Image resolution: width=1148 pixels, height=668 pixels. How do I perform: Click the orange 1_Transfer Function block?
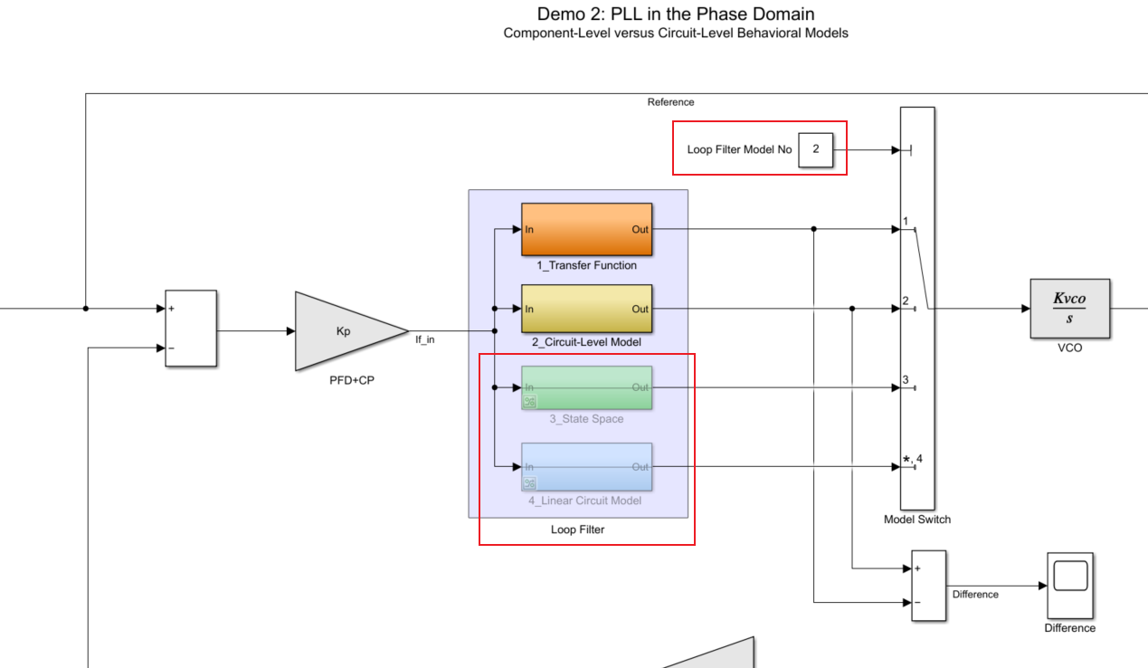[x=586, y=229]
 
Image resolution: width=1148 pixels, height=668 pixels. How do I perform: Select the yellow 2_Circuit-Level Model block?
[x=586, y=309]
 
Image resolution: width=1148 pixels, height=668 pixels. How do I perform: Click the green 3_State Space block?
[x=586, y=387]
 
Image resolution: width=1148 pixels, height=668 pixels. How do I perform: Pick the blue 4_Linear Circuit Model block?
[x=586, y=466]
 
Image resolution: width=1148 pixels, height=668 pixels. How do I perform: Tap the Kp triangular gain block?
[x=344, y=331]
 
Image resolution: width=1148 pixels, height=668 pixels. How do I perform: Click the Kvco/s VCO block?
[x=1069, y=308]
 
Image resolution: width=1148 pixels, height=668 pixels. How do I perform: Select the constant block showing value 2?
[x=815, y=148]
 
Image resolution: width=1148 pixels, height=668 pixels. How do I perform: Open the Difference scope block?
[x=1069, y=585]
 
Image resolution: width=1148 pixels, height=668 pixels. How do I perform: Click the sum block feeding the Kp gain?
[x=191, y=329]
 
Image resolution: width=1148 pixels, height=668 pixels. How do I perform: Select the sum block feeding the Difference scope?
[x=928, y=586]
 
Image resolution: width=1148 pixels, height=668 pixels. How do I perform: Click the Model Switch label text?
[x=916, y=520]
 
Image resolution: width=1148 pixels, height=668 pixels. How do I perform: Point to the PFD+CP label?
[x=352, y=381]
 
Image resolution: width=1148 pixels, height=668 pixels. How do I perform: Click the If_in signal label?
[x=424, y=339]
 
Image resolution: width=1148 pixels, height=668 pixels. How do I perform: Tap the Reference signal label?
[x=670, y=102]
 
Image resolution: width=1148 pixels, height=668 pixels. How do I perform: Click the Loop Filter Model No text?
[x=738, y=149]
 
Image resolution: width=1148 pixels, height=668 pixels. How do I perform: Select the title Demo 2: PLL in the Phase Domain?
[x=676, y=14]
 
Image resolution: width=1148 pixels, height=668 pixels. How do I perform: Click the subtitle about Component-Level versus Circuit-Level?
[x=676, y=33]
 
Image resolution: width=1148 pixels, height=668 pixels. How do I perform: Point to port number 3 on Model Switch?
[x=906, y=380]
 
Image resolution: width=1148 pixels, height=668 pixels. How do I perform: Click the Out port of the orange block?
[x=640, y=230]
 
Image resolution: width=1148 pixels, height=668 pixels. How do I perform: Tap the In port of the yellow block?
[x=529, y=310]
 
